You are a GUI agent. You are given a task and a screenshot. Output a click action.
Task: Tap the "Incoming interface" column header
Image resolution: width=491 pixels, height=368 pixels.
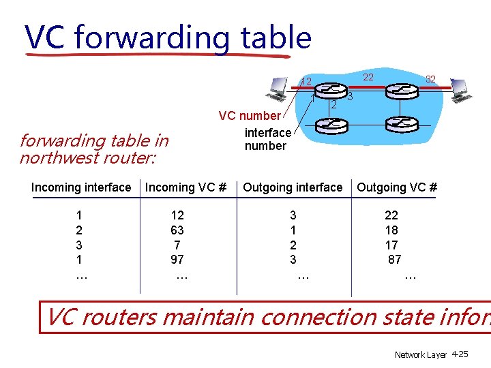(x=81, y=187)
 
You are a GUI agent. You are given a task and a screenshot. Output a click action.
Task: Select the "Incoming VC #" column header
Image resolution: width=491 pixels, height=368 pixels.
(x=185, y=187)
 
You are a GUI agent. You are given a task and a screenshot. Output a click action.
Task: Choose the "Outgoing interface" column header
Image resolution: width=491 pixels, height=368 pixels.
(x=293, y=187)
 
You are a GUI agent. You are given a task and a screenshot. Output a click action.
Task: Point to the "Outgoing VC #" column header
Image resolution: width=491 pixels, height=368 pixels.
(x=397, y=187)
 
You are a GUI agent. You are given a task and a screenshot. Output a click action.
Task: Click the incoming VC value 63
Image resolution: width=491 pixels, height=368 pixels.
(x=177, y=230)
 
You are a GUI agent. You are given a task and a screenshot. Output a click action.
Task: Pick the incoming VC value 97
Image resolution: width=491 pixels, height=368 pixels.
(x=177, y=260)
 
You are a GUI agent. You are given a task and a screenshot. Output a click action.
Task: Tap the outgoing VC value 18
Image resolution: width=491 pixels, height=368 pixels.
(x=391, y=230)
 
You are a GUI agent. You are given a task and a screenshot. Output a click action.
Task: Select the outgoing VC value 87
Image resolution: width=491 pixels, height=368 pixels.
(x=394, y=260)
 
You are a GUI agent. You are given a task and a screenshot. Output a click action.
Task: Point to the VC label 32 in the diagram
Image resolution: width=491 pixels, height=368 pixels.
(x=430, y=80)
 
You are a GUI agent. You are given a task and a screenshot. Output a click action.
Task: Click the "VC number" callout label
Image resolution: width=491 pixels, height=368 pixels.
(x=249, y=116)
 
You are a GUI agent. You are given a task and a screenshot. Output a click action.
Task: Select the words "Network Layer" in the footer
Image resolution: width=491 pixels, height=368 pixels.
(x=421, y=355)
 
